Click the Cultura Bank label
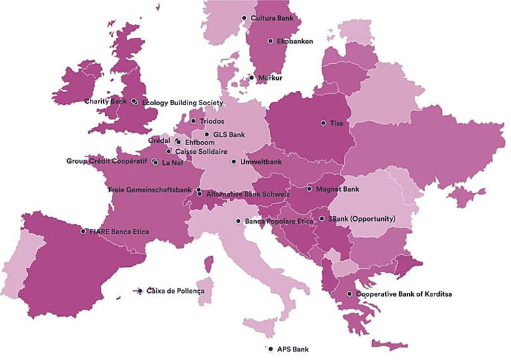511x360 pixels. click(272, 17)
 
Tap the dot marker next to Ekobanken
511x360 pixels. click(270, 41)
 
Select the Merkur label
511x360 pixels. click(270, 78)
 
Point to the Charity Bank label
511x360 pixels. click(105, 101)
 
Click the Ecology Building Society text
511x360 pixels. click(182, 102)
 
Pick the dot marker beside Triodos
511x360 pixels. click(193, 121)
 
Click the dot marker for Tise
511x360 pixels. click(323, 123)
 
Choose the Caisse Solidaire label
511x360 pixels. click(202, 151)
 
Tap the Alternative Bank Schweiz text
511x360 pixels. click(248, 194)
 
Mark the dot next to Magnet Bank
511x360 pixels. click(309, 189)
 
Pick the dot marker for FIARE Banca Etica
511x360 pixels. click(83, 232)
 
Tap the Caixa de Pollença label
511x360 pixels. click(175, 291)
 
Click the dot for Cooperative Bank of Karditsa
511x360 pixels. click(349, 293)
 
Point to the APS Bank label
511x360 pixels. click(293, 349)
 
